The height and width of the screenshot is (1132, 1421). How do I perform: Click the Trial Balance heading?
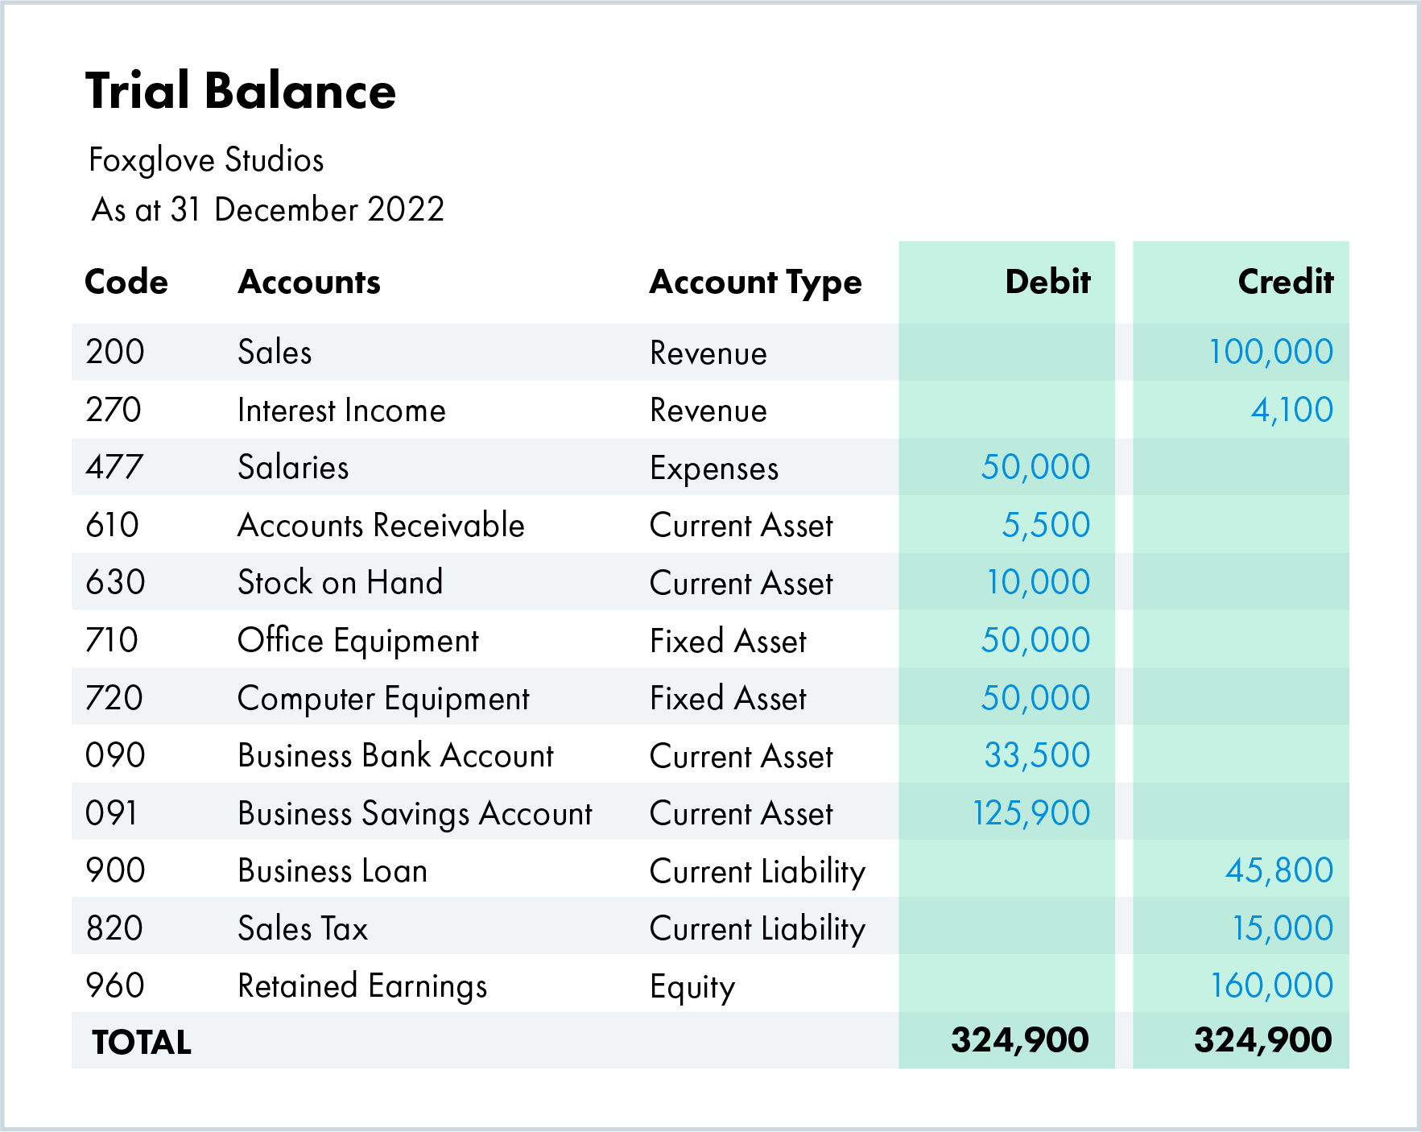point(240,90)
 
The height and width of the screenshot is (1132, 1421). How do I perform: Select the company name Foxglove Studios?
point(206,160)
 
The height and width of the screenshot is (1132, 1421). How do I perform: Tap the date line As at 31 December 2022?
point(267,209)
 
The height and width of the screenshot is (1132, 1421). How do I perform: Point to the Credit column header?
point(1285,282)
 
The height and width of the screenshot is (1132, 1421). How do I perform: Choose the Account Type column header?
point(755,283)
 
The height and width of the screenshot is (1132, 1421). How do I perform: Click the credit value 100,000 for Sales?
point(1270,352)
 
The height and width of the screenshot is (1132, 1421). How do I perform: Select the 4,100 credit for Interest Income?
point(1291,410)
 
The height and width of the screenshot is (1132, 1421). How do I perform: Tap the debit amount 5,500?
point(1045,525)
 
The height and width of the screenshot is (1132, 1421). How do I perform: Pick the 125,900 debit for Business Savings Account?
point(1031,813)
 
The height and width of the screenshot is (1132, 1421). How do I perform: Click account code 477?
point(114,467)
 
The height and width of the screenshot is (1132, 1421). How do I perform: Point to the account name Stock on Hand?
point(340,582)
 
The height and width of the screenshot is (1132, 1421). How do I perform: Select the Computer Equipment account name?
point(383,699)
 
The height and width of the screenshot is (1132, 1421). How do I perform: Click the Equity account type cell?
point(692,987)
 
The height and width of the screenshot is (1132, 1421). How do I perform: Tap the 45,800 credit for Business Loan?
point(1278,870)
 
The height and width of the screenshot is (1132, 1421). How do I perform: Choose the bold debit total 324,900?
point(1019,1040)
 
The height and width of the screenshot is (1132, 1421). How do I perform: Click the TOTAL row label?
point(142,1043)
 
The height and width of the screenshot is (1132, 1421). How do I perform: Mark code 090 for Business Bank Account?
point(115,755)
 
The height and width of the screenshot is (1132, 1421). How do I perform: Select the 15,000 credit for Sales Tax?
point(1283,928)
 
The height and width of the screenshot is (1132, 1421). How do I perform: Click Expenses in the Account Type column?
point(714,469)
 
